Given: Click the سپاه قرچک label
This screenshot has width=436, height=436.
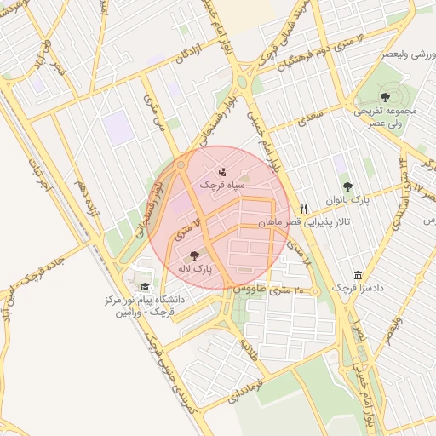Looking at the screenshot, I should click(x=222, y=184).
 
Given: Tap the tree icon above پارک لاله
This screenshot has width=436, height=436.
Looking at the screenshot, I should click(x=195, y=255).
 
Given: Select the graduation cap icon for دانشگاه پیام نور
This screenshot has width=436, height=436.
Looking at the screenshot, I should click(x=145, y=287).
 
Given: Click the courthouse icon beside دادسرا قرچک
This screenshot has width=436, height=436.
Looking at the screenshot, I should click(x=358, y=276).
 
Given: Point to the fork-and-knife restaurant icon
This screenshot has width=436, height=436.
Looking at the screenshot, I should click(x=303, y=209).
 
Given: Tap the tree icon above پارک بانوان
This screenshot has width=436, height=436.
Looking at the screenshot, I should click(x=347, y=186).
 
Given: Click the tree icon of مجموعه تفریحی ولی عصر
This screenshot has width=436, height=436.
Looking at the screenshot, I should click(x=385, y=97).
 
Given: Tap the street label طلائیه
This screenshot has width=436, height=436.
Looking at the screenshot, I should click(x=249, y=347).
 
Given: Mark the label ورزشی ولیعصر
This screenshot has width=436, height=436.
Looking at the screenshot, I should click(x=392, y=54).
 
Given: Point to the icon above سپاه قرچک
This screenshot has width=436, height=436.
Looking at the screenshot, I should click(x=222, y=171).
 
